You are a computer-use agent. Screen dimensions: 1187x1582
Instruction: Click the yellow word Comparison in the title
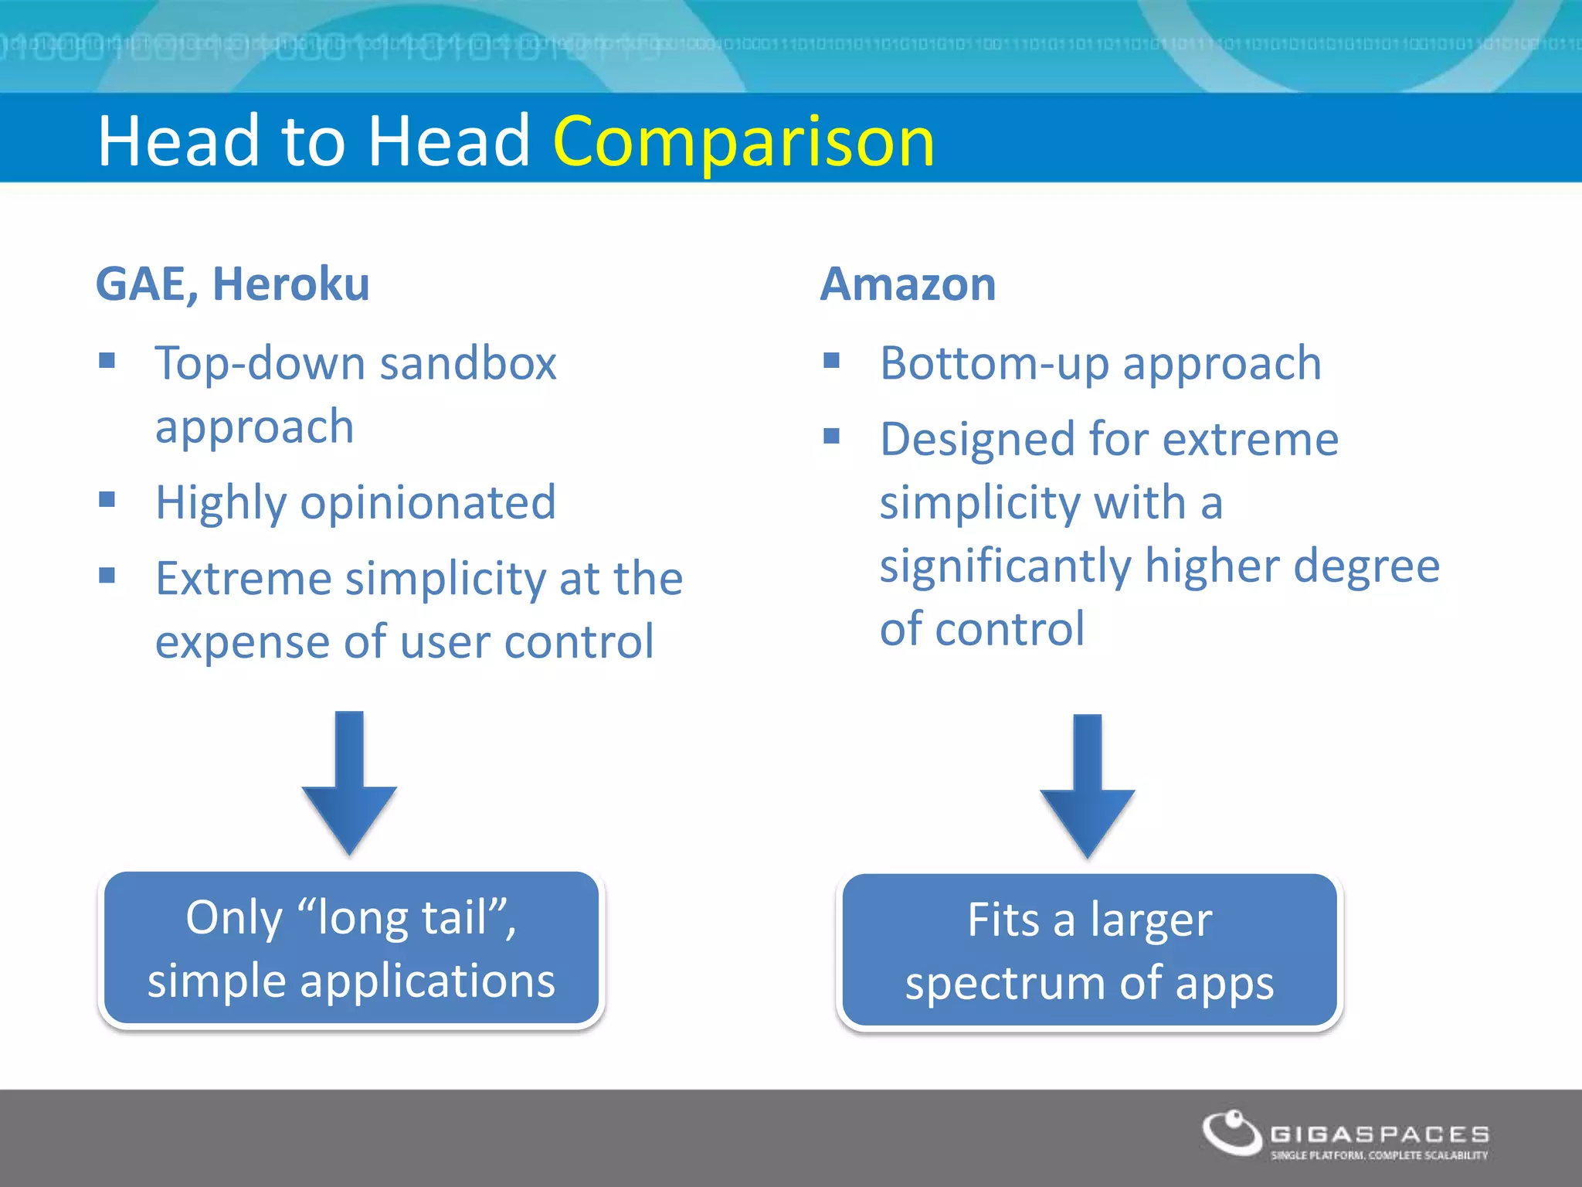(743, 141)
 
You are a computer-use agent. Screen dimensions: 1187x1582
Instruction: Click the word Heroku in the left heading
(291, 284)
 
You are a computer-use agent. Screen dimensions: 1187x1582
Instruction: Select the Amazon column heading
(908, 284)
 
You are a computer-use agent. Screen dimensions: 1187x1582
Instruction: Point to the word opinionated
(428, 503)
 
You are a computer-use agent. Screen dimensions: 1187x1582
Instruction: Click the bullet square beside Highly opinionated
(107, 500)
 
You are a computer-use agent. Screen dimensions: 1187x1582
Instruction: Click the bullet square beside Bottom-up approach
(831, 360)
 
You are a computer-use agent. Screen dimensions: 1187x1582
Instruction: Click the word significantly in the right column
(1005, 566)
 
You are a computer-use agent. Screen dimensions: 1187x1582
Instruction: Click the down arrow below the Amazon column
(1087, 785)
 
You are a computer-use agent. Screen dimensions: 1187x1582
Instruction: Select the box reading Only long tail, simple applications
(351, 948)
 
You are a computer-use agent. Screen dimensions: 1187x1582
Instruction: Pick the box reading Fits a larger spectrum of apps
(1089, 951)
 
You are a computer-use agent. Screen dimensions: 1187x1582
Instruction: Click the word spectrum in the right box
(1005, 985)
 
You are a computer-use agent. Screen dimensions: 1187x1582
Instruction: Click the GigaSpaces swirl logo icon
(1231, 1133)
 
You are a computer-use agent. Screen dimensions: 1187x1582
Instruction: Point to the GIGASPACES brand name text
(1380, 1134)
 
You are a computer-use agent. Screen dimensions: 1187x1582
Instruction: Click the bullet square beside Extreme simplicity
(107, 576)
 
